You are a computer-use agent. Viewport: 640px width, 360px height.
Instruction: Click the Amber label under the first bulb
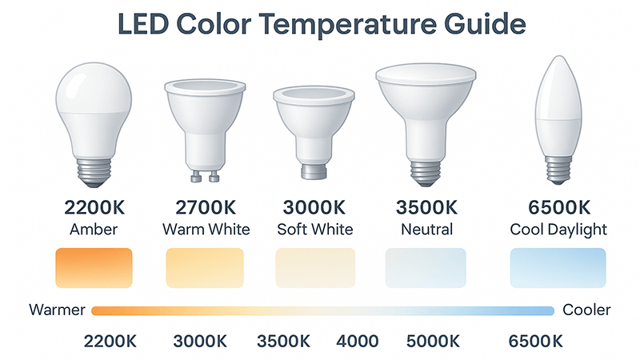94,230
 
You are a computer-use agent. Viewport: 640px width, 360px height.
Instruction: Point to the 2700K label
206,207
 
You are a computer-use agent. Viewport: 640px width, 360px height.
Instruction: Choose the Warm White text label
206,230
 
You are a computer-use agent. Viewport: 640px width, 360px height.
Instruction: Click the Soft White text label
314,230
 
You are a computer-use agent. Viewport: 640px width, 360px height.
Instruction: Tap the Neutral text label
425,230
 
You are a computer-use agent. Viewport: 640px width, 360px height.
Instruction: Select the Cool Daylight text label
558,230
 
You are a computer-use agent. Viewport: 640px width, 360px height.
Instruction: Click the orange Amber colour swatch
94,267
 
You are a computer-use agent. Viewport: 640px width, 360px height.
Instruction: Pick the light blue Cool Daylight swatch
558,267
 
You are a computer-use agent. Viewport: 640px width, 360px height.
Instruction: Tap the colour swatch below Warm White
205,267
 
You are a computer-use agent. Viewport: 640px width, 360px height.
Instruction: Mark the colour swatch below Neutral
425,267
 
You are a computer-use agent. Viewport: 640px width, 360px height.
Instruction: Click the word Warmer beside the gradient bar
58,310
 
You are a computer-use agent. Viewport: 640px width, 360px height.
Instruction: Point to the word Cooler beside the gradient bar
586,310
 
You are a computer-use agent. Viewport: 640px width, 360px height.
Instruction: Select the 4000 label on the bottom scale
358,341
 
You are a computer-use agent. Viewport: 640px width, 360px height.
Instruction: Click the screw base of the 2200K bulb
94,170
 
